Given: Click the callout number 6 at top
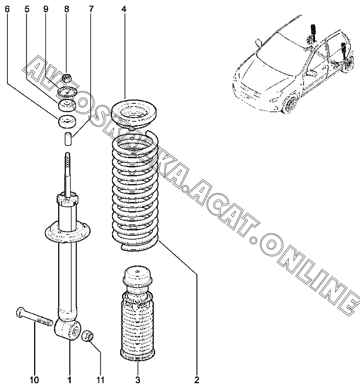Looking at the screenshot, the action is (x=7, y=9).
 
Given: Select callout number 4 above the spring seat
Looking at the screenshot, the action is (x=124, y=9).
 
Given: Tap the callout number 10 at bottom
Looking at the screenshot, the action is (x=34, y=380).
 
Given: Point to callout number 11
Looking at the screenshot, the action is (x=101, y=380).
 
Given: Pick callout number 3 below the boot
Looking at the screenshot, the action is (x=138, y=380).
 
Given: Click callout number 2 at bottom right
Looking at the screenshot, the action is (x=197, y=380).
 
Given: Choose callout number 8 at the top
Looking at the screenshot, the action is (x=67, y=9).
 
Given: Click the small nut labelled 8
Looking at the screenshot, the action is (x=66, y=78).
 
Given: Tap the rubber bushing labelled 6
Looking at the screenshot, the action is (x=67, y=122).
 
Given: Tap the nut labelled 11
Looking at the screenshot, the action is (x=88, y=336).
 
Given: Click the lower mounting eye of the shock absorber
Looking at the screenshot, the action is (x=67, y=329).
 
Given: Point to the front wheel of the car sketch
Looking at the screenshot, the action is (x=291, y=104).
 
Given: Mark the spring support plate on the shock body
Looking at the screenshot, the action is (x=67, y=232).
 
